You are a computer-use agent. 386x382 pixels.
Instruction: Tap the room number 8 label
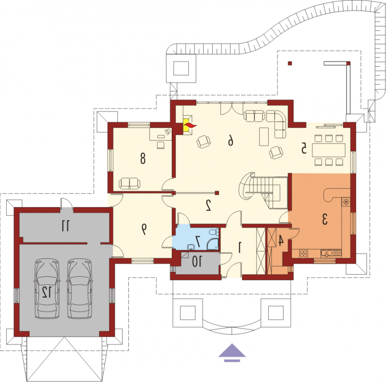143,158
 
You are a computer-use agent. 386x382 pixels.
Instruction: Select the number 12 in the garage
46,292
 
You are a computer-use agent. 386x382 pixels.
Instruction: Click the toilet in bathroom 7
213,232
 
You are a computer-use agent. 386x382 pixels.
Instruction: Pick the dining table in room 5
329,150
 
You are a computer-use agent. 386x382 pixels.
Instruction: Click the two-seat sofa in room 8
129,184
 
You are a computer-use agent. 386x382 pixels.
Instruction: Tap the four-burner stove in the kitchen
303,254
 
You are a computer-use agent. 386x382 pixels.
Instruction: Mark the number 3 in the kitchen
325,219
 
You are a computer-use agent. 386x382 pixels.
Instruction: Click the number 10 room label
197,262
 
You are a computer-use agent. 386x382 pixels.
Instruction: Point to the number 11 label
66,226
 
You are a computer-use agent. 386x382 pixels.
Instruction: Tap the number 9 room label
143,229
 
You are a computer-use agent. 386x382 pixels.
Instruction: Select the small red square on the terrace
290,63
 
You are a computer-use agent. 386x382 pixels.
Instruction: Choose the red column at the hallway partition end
217,193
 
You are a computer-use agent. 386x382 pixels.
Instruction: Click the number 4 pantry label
280,241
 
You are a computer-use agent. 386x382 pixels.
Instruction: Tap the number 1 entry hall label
240,247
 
